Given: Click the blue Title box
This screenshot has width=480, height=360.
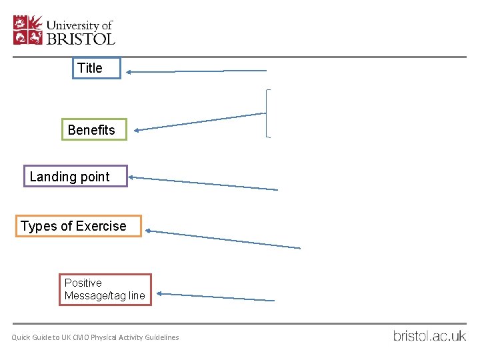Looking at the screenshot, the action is [x=97, y=68].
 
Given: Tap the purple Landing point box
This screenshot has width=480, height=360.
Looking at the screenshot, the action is [x=75, y=177].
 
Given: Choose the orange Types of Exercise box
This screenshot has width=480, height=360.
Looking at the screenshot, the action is [x=79, y=226].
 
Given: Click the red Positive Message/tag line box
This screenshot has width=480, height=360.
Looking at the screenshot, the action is [x=105, y=289].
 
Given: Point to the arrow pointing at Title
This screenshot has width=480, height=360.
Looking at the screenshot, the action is [x=197, y=71].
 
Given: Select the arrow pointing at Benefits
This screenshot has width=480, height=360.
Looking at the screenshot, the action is [x=200, y=122].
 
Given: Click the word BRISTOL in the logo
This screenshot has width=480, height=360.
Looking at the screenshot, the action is [x=80, y=39].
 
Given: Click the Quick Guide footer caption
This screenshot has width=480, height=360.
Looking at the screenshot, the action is [x=95, y=337].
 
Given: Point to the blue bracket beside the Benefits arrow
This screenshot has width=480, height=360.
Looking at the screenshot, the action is [x=268, y=113].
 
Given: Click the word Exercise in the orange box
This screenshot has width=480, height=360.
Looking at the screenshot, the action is [x=101, y=226].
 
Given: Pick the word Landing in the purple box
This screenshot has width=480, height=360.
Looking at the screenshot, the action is [x=52, y=177].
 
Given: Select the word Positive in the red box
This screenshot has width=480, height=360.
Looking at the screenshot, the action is [x=83, y=283].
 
